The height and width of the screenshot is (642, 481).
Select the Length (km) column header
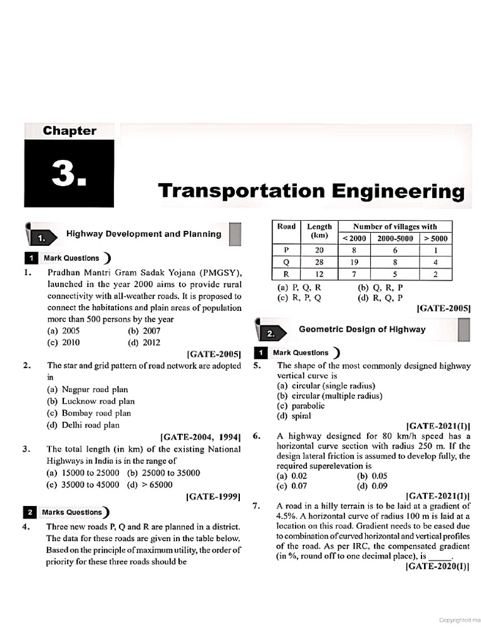pos(319,231)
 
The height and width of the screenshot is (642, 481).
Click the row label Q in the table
pos(286,262)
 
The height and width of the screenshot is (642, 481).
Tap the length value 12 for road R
pos(319,274)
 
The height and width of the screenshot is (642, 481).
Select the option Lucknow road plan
pos(90,401)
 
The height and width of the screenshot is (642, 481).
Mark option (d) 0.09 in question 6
pos(372,485)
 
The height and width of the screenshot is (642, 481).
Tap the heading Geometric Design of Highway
pos(361,329)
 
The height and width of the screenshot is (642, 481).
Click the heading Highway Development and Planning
pos(143,234)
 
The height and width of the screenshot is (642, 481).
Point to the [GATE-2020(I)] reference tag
pos(437,567)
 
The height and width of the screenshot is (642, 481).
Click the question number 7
pos(256,505)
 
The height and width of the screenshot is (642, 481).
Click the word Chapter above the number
pos(70,131)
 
